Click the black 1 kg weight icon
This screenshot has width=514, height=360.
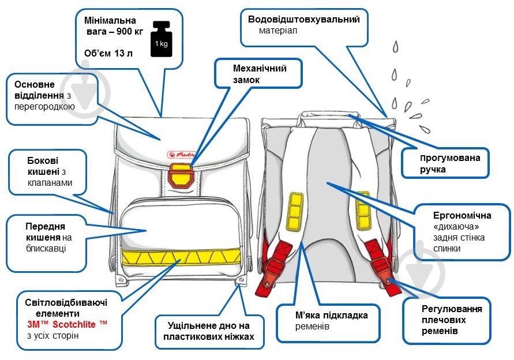[x=162, y=39]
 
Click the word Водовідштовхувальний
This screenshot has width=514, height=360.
[x=304, y=20]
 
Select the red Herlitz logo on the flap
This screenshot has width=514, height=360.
[x=181, y=155]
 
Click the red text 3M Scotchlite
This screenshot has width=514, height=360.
[x=67, y=324]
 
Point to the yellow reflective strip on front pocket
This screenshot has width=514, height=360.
[x=181, y=257]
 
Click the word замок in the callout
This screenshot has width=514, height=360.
[x=246, y=80]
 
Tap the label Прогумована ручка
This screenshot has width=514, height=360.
[x=450, y=163]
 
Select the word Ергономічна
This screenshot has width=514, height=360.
[x=462, y=215]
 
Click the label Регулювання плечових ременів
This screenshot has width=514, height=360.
[x=451, y=320]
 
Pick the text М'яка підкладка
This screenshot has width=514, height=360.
[x=331, y=316]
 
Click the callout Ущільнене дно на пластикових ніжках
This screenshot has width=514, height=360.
[x=209, y=331]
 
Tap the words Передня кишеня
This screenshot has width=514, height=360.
[x=45, y=232]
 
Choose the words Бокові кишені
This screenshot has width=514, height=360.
[x=43, y=166]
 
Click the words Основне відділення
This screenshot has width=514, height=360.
[x=39, y=90]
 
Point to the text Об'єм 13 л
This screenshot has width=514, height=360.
[x=108, y=54]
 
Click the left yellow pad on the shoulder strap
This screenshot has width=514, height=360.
[x=295, y=211]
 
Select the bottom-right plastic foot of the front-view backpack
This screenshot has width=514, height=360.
[x=241, y=280]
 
